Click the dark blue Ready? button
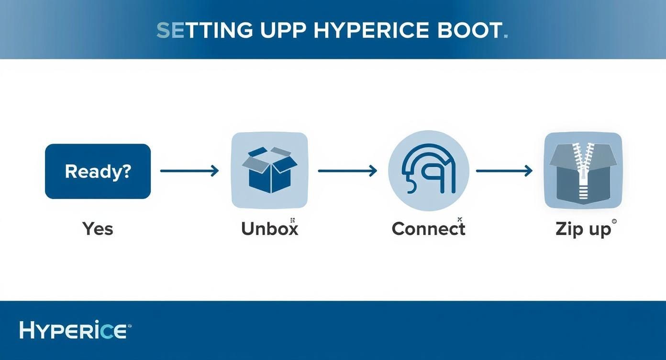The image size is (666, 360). (98, 171)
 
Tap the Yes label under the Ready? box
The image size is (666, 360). (98, 229)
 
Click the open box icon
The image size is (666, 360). (269, 170)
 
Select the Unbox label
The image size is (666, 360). (269, 229)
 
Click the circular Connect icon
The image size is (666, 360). (428, 170)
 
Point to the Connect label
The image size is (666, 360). (428, 229)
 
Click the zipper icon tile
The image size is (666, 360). (583, 170)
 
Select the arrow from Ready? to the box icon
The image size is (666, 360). (189, 170)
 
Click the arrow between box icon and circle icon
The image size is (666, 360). (347, 170)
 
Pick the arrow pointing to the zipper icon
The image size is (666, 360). (504, 170)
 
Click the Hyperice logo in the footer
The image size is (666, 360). (73, 330)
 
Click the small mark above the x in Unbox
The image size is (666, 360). (292, 220)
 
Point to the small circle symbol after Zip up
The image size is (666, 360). (614, 221)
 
